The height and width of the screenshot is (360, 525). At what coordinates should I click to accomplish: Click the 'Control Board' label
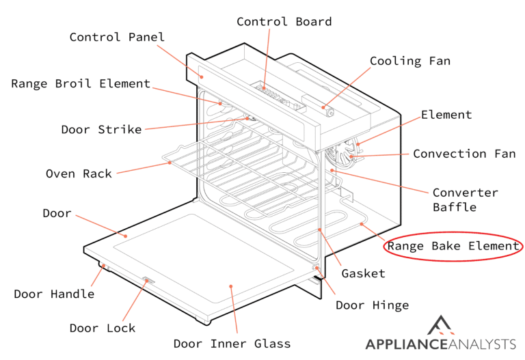pyautogui.click(x=284, y=22)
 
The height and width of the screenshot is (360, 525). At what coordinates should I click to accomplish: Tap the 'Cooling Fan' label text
pyautogui.click(x=409, y=61)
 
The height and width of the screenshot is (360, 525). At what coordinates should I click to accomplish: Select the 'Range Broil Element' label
pyautogui.click(x=80, y=84)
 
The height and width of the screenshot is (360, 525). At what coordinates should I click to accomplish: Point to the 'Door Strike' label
pyautogui.click(x=101, y=129)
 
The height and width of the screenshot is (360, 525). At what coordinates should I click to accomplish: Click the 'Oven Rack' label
pyautogui.click(x=79, y=174)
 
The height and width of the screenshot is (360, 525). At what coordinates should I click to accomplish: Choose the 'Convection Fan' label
pyautogui.click(x=463, y=154)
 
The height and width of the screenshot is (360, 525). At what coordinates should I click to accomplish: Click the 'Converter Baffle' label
pyautogui.click(x=465, y=199)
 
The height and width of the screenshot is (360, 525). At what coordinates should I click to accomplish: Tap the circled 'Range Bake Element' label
pyautogui.click(x=453, y=246)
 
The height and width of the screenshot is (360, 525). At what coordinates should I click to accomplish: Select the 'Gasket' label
pyautogui.click(x=363, y=273)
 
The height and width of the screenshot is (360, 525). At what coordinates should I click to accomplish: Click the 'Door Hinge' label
pyautogui.click(x=372, y=305)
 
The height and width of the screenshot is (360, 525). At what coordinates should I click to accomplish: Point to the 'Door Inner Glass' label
pyautogui.click(x=232, y=344)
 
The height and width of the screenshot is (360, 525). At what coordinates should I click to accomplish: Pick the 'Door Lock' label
pyautogui.click(x=103, y=328)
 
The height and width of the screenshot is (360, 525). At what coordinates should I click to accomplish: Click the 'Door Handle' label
pyautogui.click(x=54, y=294)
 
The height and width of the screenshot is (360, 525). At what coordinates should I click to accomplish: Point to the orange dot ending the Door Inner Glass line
pyautogui.click(x=231, y=288)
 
